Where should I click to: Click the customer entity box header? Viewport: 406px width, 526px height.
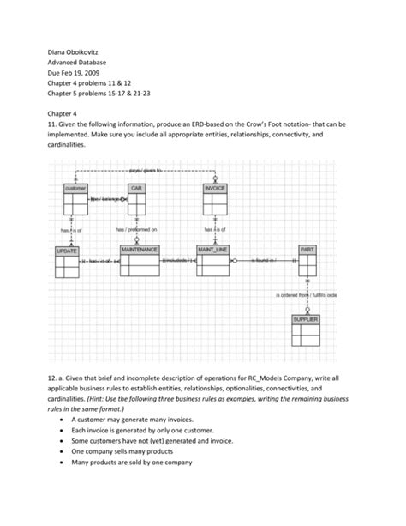click(x=75, y=187)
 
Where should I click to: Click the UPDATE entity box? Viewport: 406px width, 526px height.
click(x=67, y=263)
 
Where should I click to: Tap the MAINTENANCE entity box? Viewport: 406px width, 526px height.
click(x=140, y=263)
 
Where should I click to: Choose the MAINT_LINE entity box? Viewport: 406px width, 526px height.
click(x=212, y=263)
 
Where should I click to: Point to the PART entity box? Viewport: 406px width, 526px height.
click(x=307, y=263)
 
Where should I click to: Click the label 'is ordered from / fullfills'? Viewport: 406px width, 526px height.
click(x=306, y=295)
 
